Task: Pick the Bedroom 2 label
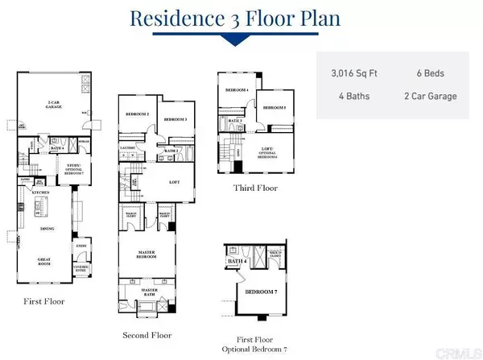[138, 114]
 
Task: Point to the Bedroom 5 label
[275, 107]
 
